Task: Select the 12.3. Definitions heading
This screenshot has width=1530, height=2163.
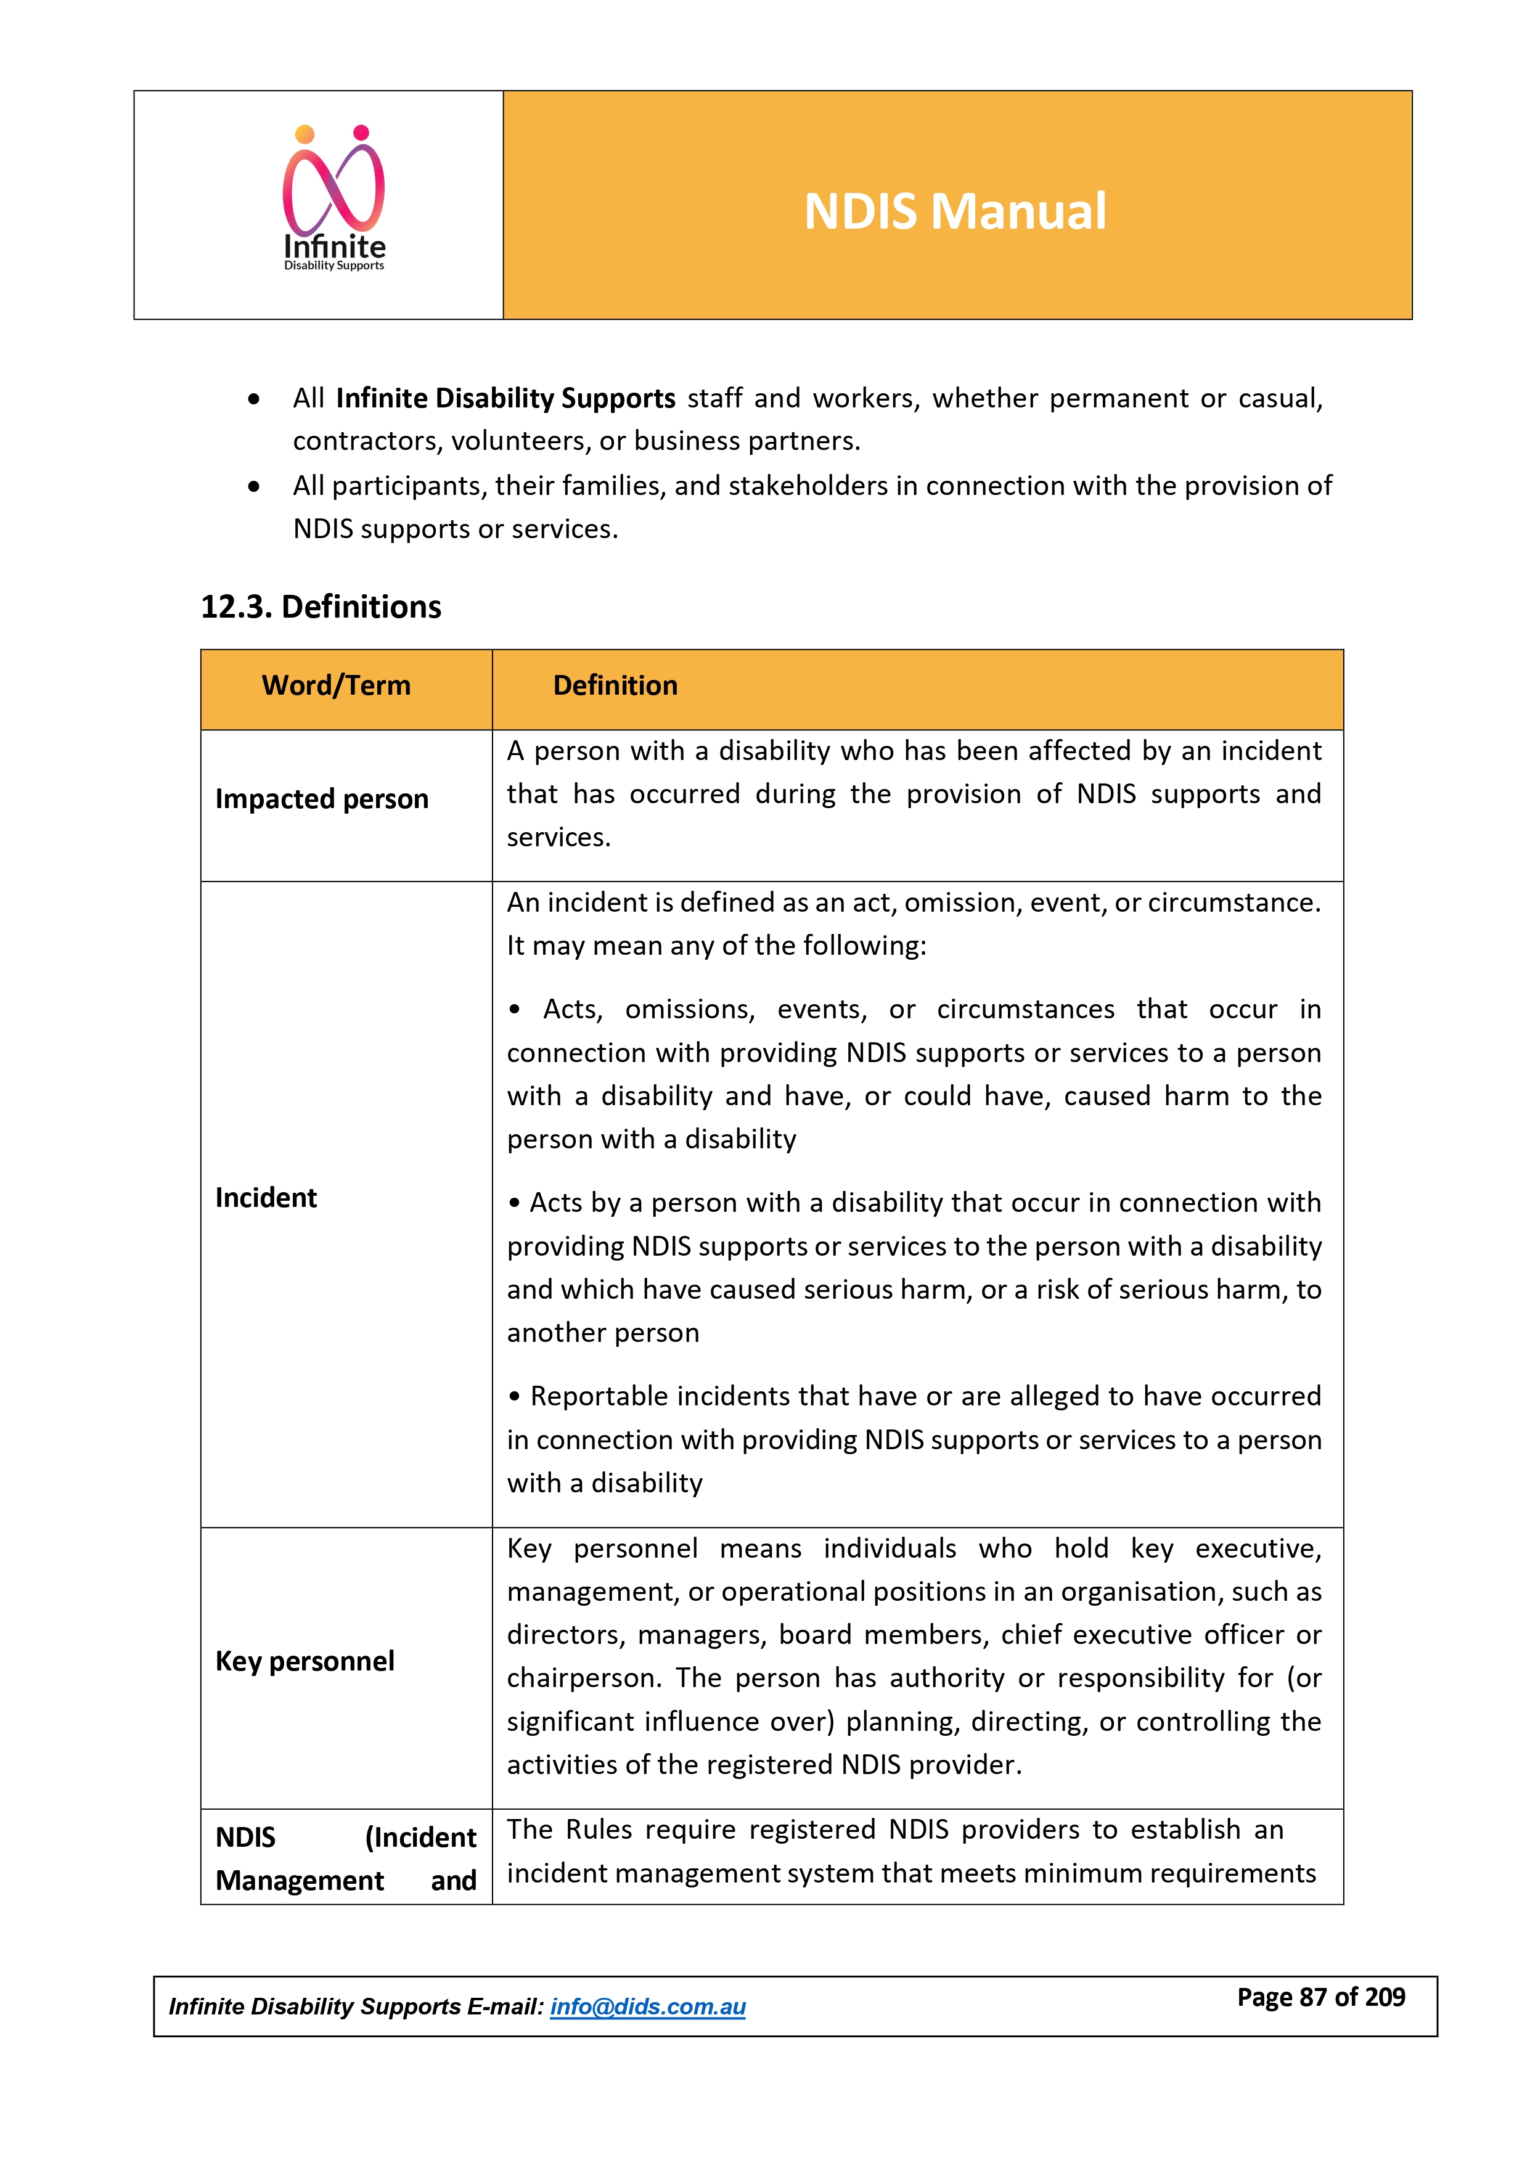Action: tap(321, 607)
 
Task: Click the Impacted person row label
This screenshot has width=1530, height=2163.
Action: tap(321, 799)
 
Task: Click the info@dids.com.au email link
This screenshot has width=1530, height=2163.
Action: tap(647, 2006)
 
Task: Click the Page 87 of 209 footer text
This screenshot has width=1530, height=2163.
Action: tap(1321, 1997)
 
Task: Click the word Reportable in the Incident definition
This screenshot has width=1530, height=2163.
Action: tap(591, 1396)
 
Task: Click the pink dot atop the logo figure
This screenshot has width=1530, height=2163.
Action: tap(361, 133)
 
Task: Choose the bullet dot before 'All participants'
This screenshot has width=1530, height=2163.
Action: tap(253, 487)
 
